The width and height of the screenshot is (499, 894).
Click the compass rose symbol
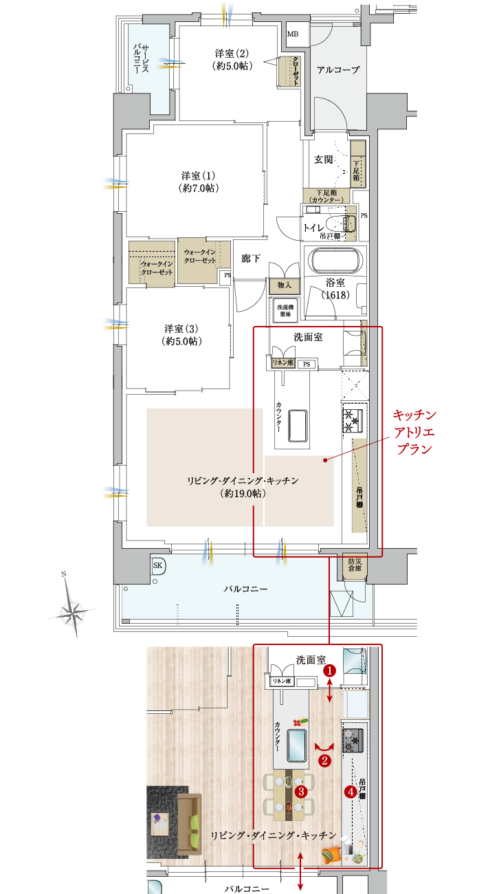click(71, 609)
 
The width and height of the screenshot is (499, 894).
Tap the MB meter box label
click(293, 34)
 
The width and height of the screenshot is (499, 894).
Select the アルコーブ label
click(338, 69)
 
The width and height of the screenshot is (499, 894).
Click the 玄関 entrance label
click(324, 160)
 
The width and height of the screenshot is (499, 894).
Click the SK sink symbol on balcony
click(157, 565)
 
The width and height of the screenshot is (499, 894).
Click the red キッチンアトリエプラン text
click(414, 432)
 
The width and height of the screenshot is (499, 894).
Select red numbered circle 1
click(330, 669)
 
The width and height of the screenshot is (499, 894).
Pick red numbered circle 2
click(325, 760)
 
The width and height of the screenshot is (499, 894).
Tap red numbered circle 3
click(300, 791)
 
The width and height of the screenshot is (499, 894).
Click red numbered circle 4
click(351, 792)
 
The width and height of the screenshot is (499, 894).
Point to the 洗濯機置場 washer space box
click(285, 309)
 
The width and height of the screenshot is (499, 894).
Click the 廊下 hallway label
click(250, 259)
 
